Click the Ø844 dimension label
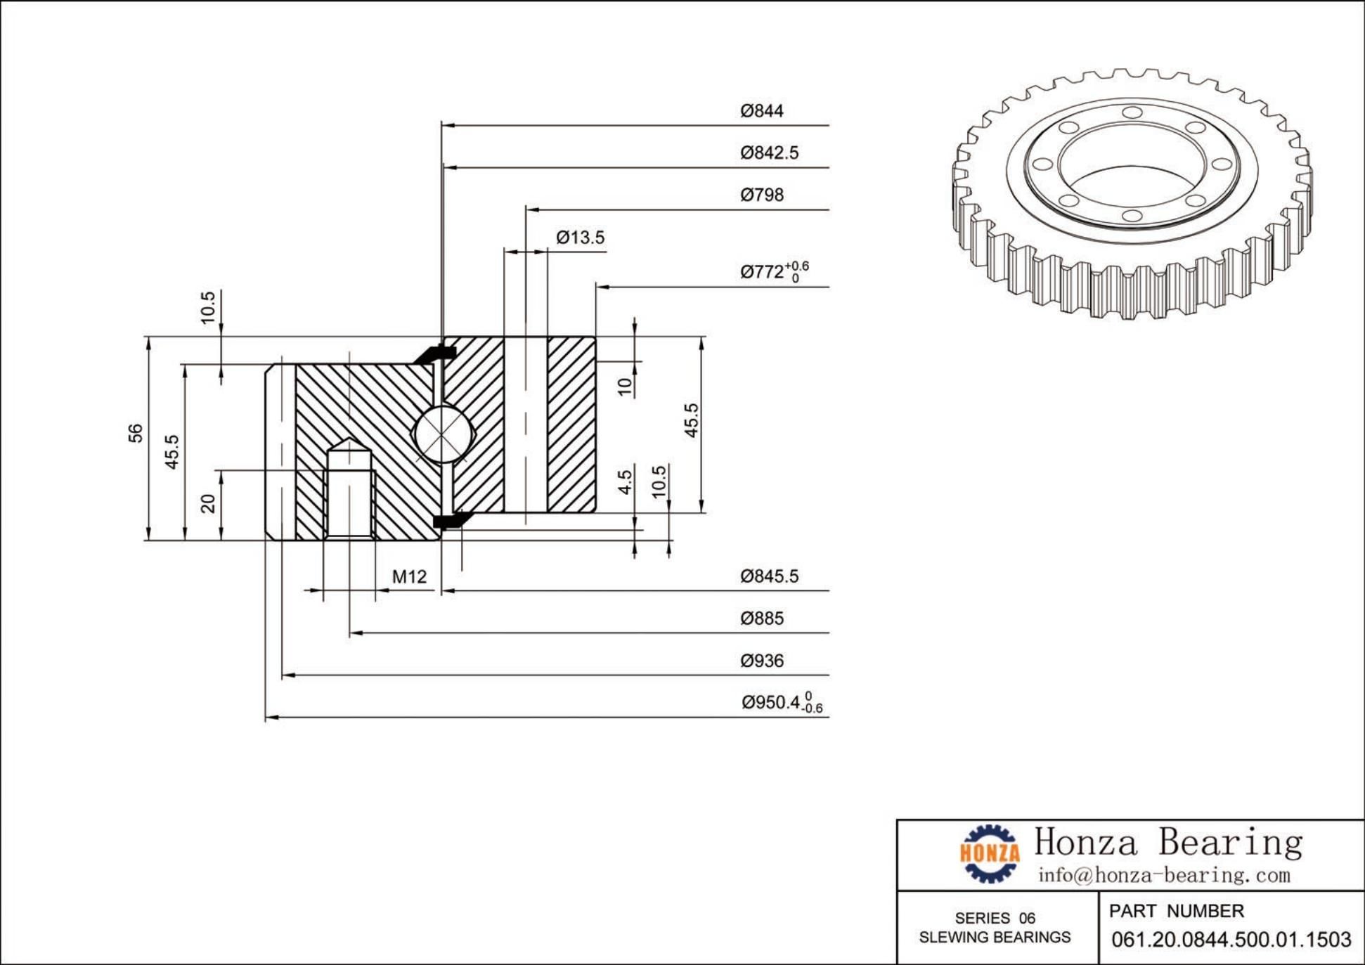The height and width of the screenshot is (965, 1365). point(761,111)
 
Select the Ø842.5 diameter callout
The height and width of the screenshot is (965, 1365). point(769,153)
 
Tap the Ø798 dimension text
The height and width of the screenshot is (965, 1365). point(761,195)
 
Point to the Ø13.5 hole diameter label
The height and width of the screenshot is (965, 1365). point(580,238)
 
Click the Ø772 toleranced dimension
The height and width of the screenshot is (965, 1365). point(773,271)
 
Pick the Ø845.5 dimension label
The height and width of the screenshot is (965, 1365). point(769,576)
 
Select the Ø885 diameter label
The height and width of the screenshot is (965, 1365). point(761,618)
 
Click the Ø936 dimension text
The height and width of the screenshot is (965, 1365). point(761,661)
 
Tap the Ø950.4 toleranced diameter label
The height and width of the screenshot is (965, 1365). point(781,702)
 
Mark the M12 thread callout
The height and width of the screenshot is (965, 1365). point(409,577)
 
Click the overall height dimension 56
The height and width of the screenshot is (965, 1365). point(136,433)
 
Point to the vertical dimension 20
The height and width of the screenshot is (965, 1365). point(208,503)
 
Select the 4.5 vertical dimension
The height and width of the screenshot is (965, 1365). point(625,482)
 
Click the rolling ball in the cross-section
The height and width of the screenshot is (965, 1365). point(441,434)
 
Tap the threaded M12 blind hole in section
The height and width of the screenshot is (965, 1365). point(349,492)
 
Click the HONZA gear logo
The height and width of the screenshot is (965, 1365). point(990,853)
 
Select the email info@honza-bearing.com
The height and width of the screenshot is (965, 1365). point(1164,875)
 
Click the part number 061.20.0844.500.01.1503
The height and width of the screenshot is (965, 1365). point(1231,939)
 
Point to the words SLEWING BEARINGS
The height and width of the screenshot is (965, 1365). point(995,938)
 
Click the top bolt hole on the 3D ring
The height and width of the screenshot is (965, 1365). point(1132,112)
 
